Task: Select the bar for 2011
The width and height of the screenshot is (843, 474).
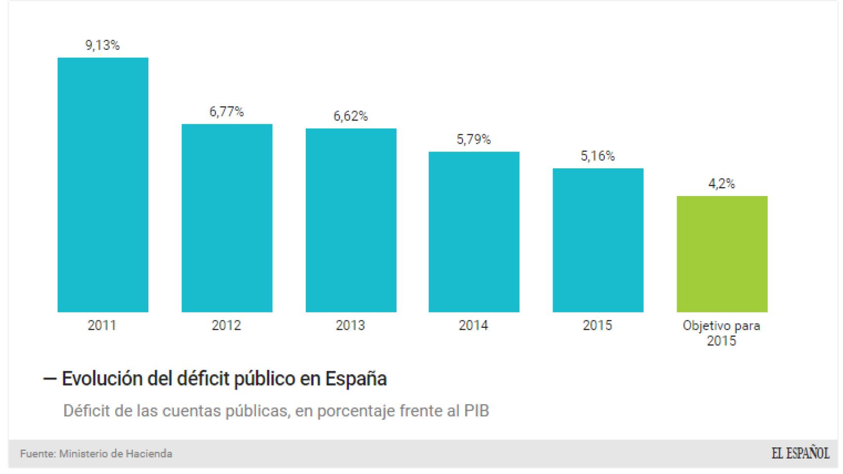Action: click(x=103, y=185)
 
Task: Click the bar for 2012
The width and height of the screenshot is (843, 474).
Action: click(x=227, y=218)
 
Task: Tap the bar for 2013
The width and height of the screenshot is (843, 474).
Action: click(x=351, y=220)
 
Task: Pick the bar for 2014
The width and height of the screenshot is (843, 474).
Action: click(x=474, y=232)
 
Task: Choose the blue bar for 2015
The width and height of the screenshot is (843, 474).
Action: click(x=598, y=240)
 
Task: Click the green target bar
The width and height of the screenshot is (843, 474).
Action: click(x=722, y=254)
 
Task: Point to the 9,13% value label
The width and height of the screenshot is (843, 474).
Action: click(x=103, y=45)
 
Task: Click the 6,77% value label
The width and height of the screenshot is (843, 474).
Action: click(x=227, y=112)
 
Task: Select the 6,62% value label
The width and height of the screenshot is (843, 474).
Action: click(x=351, y=117)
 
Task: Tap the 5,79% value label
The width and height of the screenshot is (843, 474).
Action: click(x=474, y=140)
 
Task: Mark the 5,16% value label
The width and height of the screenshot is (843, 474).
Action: click(x=598, y=157)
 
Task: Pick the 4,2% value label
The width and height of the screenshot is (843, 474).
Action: click(x=722, y=184)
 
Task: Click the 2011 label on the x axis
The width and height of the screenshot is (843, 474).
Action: click(x=102, y=325)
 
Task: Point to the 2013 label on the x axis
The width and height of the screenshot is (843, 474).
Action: click(x=350, y=325)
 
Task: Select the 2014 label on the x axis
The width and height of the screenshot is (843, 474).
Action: click(x=473, y=325)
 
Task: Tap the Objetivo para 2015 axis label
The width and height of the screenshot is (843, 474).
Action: click(x=721, y=333)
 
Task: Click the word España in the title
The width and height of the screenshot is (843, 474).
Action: click(x=356, y=379)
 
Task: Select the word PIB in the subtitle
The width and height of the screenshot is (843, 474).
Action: click(x=476, y=411)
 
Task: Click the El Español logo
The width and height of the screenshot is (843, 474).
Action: click(x=801, y=453)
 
